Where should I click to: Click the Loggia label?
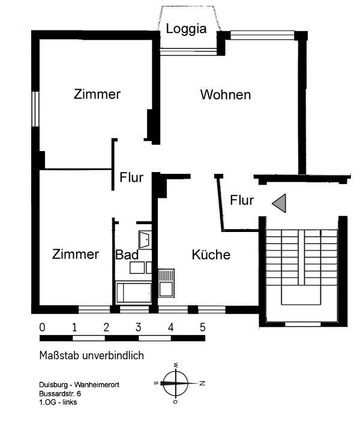click(x=186, y=29)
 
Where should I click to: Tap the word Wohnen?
click(x=226, y=95)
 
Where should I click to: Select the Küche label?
click(x=211, y=255)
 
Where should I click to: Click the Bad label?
click(x=127, y=255)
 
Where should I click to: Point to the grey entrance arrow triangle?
click(x=279, y=203)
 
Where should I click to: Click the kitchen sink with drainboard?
click(x=166, y=283)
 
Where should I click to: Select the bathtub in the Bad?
click(x=133, y=293)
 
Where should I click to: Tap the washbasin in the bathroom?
click(x=145, y=240)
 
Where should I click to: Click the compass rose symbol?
click(x=176, y=383)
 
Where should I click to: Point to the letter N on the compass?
click(x=202, y=383)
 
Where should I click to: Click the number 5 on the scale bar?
click(x=203, y=327)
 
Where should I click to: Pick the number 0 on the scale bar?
click(x=42, y=327)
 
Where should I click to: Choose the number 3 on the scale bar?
click(x=139, y=327)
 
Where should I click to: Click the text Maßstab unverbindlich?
click(x=92, y=355)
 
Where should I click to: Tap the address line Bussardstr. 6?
click(x=60, y=394)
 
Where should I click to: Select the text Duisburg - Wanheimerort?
click(x=79, y=385)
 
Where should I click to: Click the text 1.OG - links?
click(x=58, y=402)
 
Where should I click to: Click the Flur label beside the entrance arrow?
click(x=242, y=200)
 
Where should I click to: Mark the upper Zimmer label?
click(x=97, y=94)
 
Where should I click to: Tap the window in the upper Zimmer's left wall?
click(x=35, y=109)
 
